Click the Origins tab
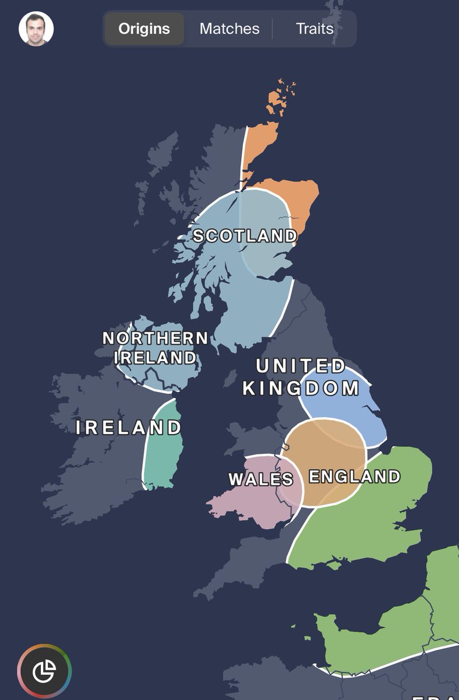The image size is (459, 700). tap(144, 29)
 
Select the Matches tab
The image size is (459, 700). tap(229, 29)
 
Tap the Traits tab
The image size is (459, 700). tap(314, 29)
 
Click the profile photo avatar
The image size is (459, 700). tap(36, 29)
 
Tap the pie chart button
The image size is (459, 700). tap(44, 671)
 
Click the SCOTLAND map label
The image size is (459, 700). tap(245, 236)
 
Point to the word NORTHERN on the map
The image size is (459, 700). tap(155, 338)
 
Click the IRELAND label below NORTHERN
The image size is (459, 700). tap(155, 357)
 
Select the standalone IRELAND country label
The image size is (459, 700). tap(129, 428)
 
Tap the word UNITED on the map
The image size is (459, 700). tap(301, 366)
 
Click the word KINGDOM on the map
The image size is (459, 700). tap(301, 388)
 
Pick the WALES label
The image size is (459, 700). tap(260, 480)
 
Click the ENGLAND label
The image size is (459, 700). tap(354, 477)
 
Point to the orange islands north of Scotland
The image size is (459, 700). tap(279, 99)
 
